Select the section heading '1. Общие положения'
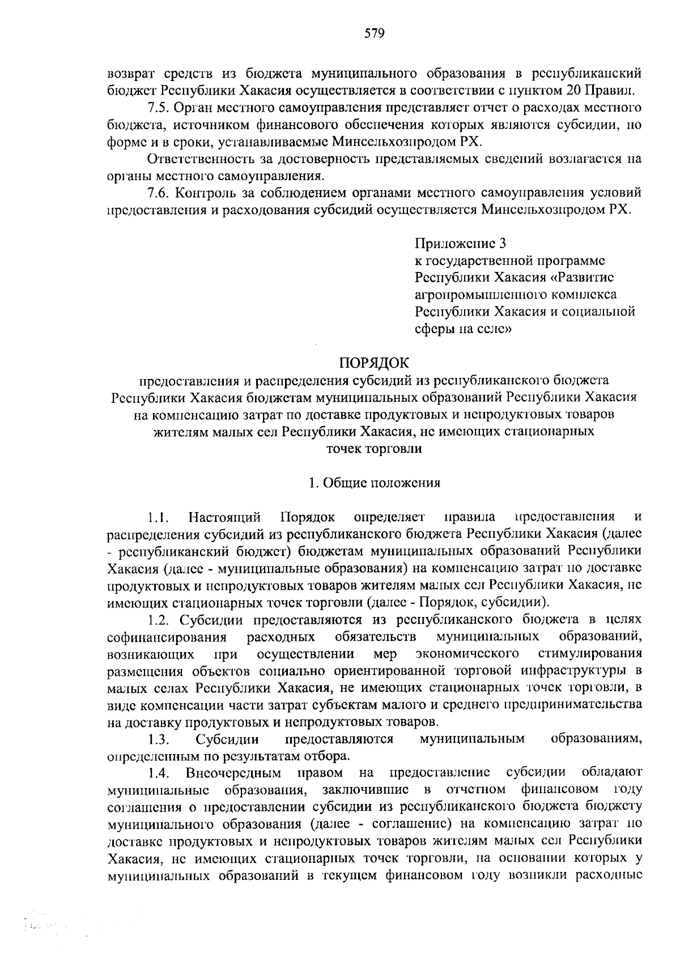tap(373, 483)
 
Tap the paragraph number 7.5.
tap(158, 107)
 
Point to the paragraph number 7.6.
tap(158, 193)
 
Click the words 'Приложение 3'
tap(460, 244)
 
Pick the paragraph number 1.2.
tap(158, 619)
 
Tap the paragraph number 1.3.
tap(159, 739)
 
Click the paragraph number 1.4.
tap(159, 773)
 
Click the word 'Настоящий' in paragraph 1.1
tap(225, 517)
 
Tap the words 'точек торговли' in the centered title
tap(373, 449)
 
